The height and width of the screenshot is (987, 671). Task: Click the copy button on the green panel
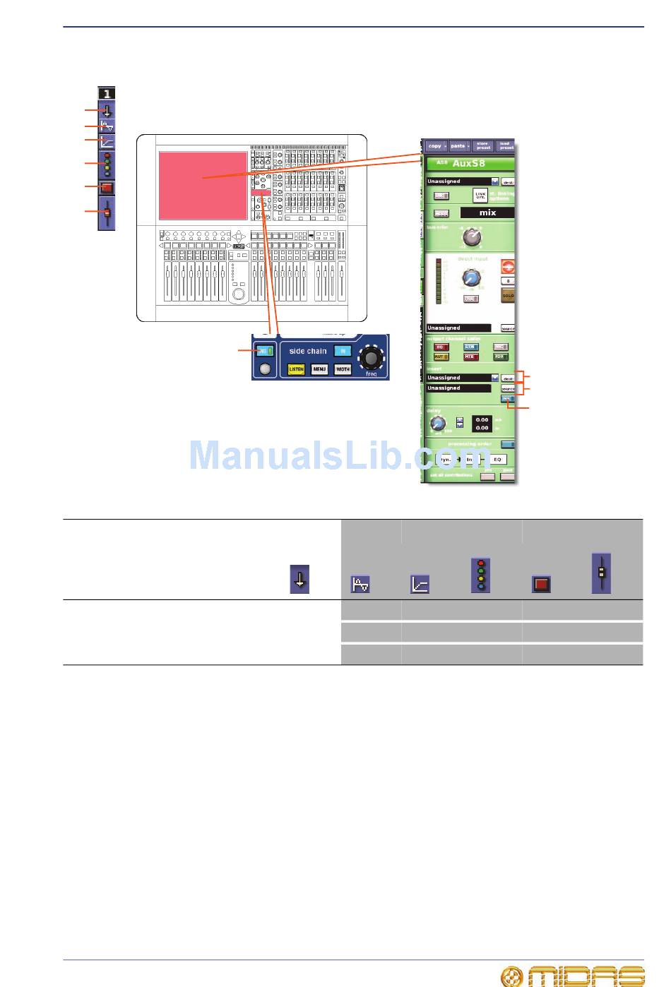[435, 146]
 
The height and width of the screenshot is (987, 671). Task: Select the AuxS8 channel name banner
[469, 164]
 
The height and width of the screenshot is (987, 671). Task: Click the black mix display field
[487, 213]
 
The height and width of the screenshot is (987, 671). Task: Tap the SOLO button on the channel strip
[508, 296]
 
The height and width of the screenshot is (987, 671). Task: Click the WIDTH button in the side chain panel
[343, 369]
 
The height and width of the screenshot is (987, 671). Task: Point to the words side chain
[308, 351]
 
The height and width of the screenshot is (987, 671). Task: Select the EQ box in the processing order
[497, 460]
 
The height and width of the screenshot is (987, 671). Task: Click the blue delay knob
[438, 424]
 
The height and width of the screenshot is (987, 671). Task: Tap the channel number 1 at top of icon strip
[107, 93]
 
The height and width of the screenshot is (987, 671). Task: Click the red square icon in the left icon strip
[107, 189]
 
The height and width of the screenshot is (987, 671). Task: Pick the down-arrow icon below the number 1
[107, 111]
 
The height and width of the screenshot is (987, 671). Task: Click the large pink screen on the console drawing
[203, 185]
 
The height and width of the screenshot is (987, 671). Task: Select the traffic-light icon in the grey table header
[481, 575]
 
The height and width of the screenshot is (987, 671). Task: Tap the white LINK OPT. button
[480, 195]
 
